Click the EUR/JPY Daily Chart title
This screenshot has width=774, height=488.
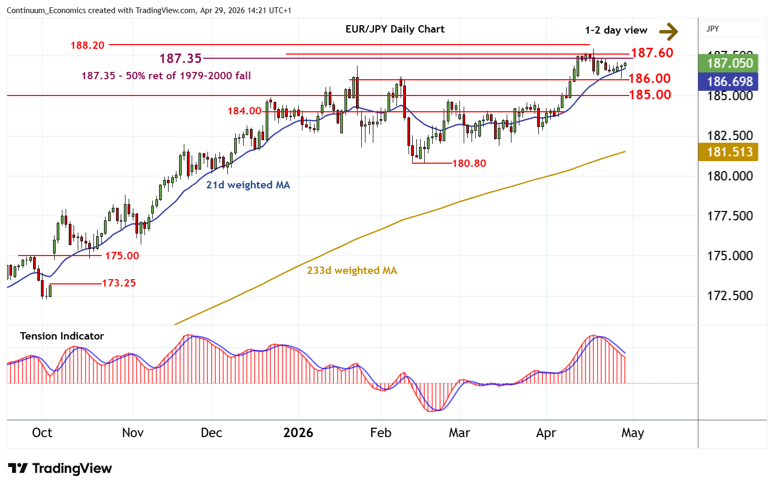(x=394, y=29)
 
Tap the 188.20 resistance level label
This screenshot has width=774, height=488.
(x=87, y=45)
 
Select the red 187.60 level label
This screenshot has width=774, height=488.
(x=652, y=52)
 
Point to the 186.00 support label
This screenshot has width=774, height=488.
(x=650, y=79)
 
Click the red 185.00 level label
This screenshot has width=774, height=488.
(x=650, y=94)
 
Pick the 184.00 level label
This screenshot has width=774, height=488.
(x=244, y=111)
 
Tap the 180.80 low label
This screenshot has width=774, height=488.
(x=469, y=163)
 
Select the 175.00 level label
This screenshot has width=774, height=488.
(x=122, y=256)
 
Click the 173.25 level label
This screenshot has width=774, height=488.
(x=119, y=283)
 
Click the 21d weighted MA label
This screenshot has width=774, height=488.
(x=248, y=185)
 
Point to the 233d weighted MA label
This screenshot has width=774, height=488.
(x=352, y=270)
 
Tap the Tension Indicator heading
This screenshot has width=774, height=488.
(x=62, y=336)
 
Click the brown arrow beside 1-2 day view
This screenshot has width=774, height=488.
(x=668, y=31)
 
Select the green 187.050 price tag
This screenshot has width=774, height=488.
(x=729, y=63)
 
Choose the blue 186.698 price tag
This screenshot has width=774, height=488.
(x=729, y=82)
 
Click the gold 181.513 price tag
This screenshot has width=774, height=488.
(x=729, y=152)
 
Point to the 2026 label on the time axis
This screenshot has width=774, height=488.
(x=298, y=433)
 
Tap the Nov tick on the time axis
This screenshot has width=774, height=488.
(x=132, y=433)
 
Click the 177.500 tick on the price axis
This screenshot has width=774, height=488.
(x=729, y=216)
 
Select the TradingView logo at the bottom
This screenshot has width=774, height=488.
(x=60, y=468)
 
